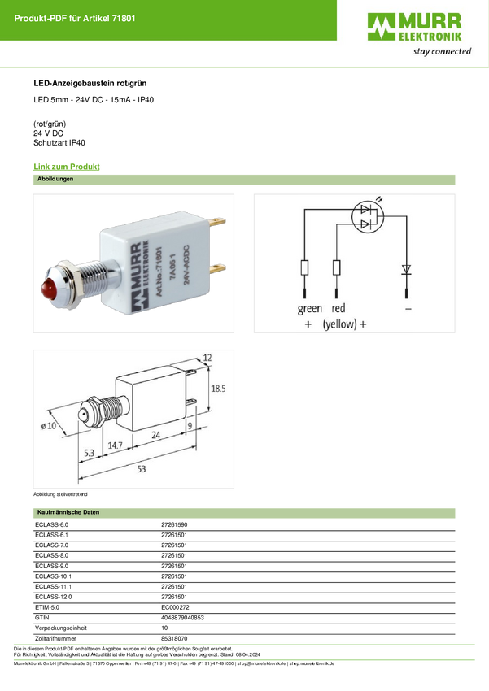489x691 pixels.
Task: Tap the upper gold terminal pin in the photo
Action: point(217,220)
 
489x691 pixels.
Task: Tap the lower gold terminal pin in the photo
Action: point(217,267)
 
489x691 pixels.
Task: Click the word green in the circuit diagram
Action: point(309,309)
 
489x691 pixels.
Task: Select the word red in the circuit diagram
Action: point(338,309)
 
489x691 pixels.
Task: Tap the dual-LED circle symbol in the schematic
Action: point(370,216)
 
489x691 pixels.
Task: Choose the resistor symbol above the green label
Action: point(305,267)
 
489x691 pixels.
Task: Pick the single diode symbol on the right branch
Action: point(405,268)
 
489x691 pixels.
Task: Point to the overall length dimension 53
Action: point(142,470)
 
